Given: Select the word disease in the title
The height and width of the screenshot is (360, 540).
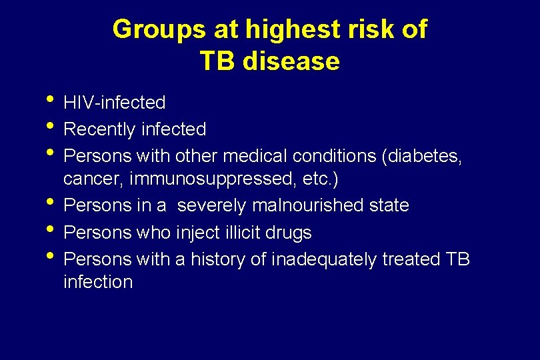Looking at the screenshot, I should click(291, 61).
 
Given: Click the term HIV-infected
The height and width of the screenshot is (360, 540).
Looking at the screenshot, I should click(114, 103).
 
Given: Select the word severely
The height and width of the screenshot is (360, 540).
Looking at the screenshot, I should click(212, 205).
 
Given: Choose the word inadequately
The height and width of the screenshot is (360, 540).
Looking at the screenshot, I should click(324, 258).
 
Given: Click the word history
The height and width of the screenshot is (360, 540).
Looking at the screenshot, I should click(217, 258).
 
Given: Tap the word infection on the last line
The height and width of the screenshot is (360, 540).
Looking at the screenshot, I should click(98, 281).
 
